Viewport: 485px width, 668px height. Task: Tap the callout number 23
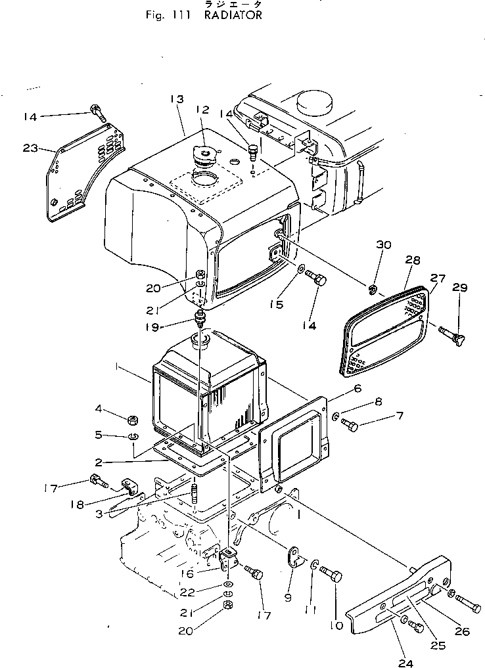tap(30, 148)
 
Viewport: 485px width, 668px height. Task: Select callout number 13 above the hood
tap(175, 99)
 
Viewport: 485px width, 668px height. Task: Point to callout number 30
tap(384, 245)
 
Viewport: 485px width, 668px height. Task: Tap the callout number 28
tap(412, 261)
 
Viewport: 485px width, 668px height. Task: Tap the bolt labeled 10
tap(332, 577)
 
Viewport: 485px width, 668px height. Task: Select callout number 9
tap(287, 598)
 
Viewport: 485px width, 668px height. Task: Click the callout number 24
tap(405, 662)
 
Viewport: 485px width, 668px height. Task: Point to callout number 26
tap(462, 632)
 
